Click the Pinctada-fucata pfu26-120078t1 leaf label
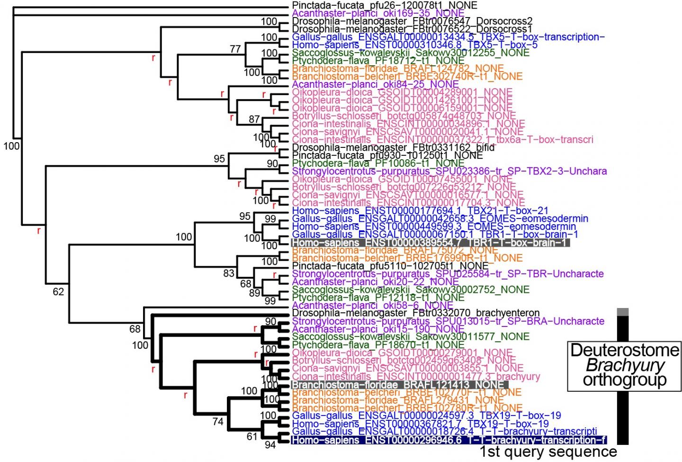point(385,6)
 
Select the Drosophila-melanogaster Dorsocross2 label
point(412,21)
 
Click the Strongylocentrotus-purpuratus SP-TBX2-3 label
point(449,171)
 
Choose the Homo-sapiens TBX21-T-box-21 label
point(420,210)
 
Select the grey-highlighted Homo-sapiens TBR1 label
point(430,243)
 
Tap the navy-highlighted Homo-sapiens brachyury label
point(449,440)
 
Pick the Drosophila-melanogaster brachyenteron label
point(416,313)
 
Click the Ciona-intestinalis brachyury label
point(416,377)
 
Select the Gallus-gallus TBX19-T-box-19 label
point(426,416)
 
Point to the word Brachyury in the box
point(625,365)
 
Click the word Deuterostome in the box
point(625,350)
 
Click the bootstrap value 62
point(58,292)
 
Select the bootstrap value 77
point(235,49)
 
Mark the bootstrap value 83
point(229,273)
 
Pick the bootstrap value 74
point(217,421)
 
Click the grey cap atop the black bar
point(623,312)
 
